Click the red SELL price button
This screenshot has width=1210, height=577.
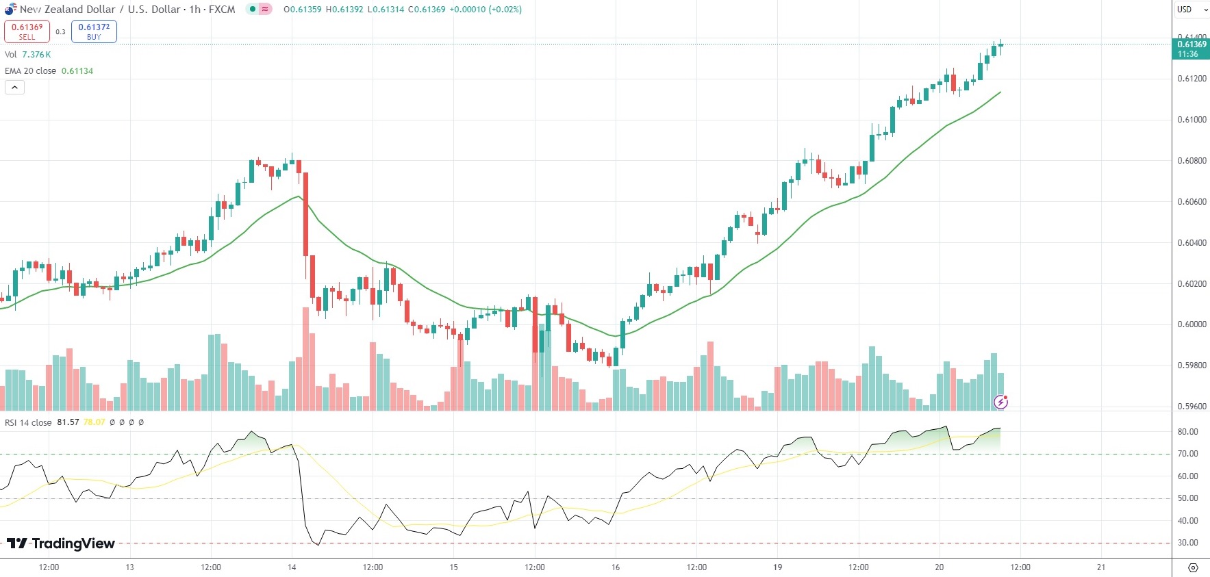tap(27, 31)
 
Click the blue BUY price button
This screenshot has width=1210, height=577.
tap(94, 31)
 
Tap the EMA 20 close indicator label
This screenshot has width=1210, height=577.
tap(31, 71)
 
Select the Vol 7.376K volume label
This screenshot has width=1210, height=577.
tap(27, 55)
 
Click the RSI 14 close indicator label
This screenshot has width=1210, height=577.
tap(28, 422)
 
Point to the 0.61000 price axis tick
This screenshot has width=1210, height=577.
tap(1192, 120)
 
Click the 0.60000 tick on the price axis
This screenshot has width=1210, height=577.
tap(1192, 324)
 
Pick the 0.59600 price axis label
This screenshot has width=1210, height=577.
tap(1192, 407)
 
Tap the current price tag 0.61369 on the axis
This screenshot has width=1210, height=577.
tap(1191, 49)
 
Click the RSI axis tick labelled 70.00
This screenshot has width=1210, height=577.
tap(1187, 454)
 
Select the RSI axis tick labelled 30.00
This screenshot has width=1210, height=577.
tap(1187, 543)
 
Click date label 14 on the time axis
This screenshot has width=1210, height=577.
tap(292, 567)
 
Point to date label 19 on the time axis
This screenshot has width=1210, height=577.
tap(777, 567)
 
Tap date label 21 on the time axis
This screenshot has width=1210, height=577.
tap(1100, 567)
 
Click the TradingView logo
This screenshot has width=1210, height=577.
tap(61, 543)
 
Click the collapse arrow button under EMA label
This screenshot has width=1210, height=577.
tap(14, 88)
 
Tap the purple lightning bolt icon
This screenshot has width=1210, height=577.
tap(1000, 402)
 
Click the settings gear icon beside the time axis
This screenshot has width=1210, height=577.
tap(1192, 568)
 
